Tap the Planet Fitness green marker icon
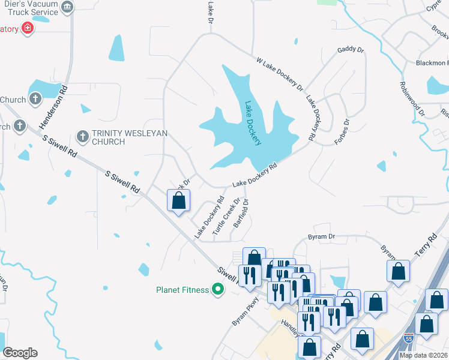pos(218,290)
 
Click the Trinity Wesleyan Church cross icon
pos(83,137)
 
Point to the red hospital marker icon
pos(27,28)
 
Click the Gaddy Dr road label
pos(351,50)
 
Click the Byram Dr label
pos(321,237)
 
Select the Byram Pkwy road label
pos(245,311)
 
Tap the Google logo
pos(20,353)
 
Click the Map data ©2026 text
pos(423,355)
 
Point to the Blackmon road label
pos(432,63)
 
